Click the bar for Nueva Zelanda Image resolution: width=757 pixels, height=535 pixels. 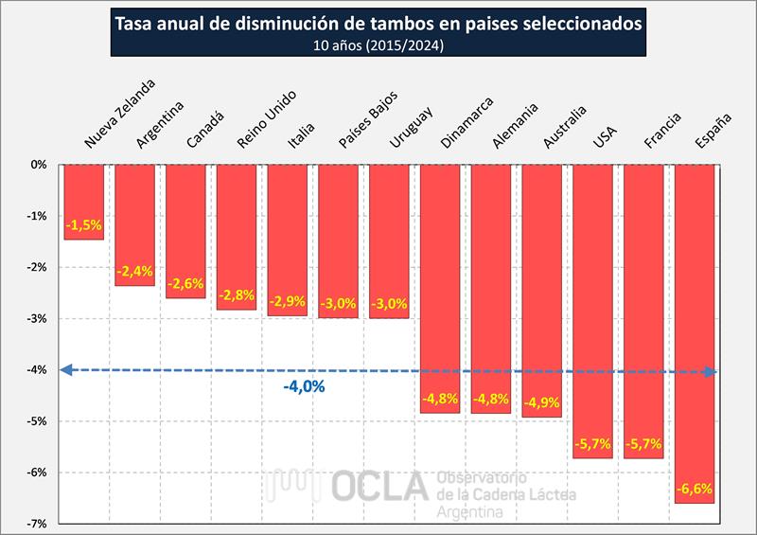[83, 201]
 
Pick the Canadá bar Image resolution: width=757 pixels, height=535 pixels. [185, 231]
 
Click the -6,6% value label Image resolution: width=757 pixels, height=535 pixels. [694, 490]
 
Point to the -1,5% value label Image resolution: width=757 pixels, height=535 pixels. [83, 225]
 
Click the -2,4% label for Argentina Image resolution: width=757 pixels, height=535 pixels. [134, 272]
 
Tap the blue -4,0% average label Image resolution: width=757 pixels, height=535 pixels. [304, 386]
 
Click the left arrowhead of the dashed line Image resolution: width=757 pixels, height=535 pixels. [64, 370]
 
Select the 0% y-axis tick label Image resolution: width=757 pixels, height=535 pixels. [39, 165]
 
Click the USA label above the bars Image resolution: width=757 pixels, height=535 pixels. [604, 136]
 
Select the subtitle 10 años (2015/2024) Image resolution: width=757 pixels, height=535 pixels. [378, 44]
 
